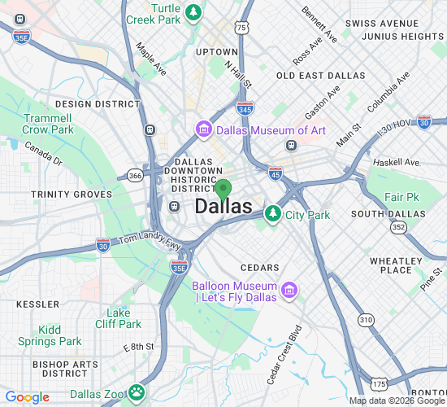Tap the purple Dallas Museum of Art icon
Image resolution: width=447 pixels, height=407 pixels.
pos(203,130)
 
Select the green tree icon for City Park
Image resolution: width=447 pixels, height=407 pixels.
pos(274,215)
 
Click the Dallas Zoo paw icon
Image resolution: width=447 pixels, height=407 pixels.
pos(135,393)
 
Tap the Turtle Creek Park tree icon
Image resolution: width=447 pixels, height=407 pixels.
pos(193,11)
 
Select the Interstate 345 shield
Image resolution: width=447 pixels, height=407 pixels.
pos(245,107)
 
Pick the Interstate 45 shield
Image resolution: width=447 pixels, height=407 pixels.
pos(276,172)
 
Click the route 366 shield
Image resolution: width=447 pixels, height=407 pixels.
pos(135,175)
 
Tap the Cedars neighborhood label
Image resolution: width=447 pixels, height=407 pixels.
pos(260,267)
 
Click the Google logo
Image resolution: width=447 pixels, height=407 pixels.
pos(27,397)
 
